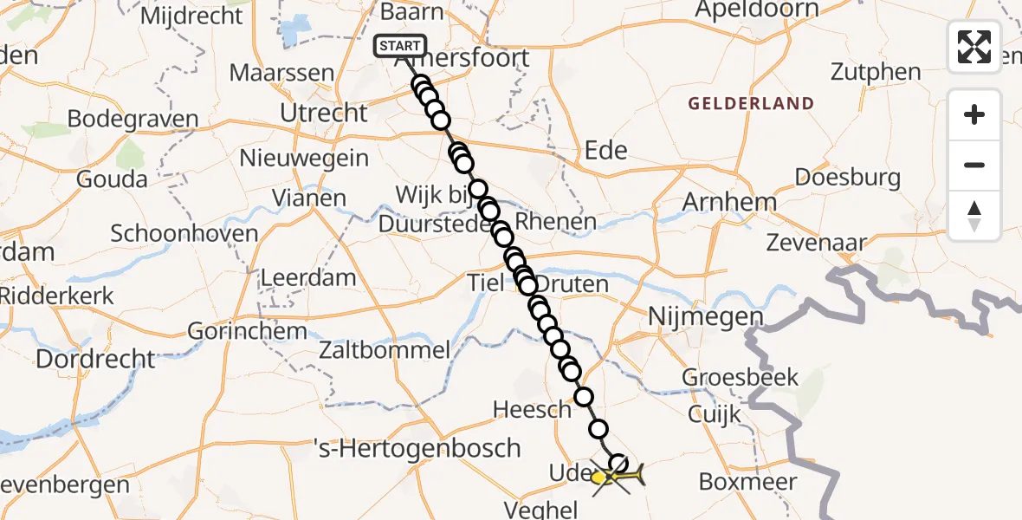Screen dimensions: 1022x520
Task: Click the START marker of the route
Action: click(x=399, y=46)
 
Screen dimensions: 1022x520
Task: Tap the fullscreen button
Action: click(x=974, y=47)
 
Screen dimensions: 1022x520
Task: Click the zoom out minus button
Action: click(x=974, y=165)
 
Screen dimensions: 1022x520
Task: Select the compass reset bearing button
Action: click(x=974, y=215)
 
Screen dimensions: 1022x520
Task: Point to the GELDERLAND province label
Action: click(x=751, y=104)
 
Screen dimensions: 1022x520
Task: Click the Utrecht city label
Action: click(x=324, y=113)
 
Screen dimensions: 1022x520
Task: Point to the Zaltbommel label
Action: click(x=385, y=350)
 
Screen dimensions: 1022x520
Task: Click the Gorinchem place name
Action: click(x=247, y=331)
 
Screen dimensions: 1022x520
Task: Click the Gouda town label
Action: click(x=112, y=179)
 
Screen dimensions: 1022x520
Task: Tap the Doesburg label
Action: click(x=847, y=179)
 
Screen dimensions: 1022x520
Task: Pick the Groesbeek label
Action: click(x=740, y=377)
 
